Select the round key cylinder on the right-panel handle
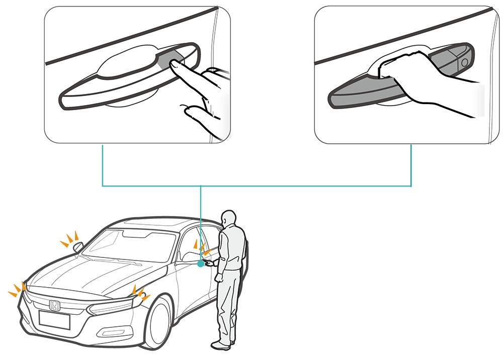tap(463, 62)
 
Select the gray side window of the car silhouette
tap(106, 242)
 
